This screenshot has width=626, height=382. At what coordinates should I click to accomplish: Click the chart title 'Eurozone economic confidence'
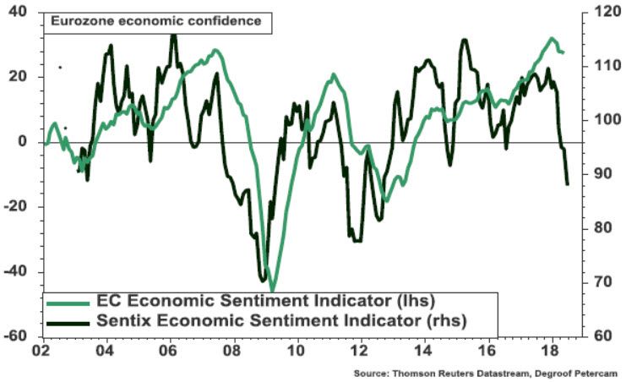pyautogui.click(x=156, y=21)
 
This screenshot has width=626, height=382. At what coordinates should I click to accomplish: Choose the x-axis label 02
pyautogui.click(x=41, y=348)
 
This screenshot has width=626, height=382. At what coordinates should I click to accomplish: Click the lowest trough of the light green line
pyautogui.click(x=272, y=290)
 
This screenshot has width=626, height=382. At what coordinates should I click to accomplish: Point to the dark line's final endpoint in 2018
pyautogui.click(x=567, y=183)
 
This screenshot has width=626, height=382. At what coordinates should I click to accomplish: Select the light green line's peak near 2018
pyautogui.click(x=551, y=39)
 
